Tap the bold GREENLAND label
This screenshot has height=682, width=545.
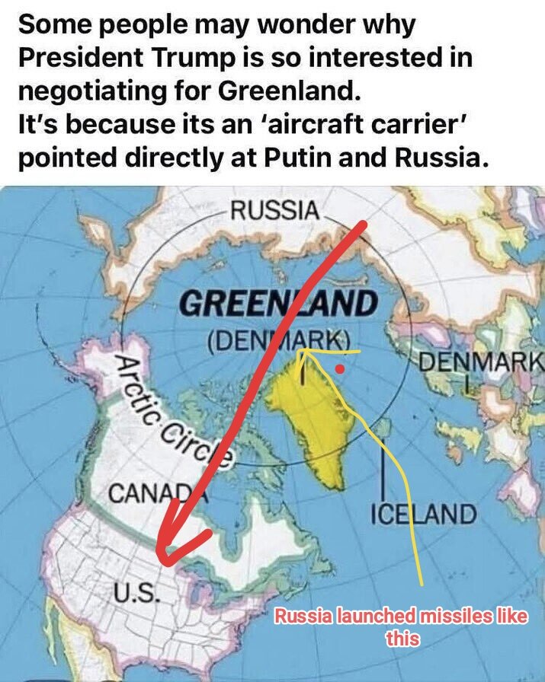pos(278,304)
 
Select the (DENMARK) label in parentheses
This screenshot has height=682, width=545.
pos(279,338)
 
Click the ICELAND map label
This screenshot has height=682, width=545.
pos(423,514)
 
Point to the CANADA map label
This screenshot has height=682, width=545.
pos(148,493)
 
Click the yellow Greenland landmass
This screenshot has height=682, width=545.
pos(313,419)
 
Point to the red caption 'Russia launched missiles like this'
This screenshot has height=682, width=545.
pos(401,626)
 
